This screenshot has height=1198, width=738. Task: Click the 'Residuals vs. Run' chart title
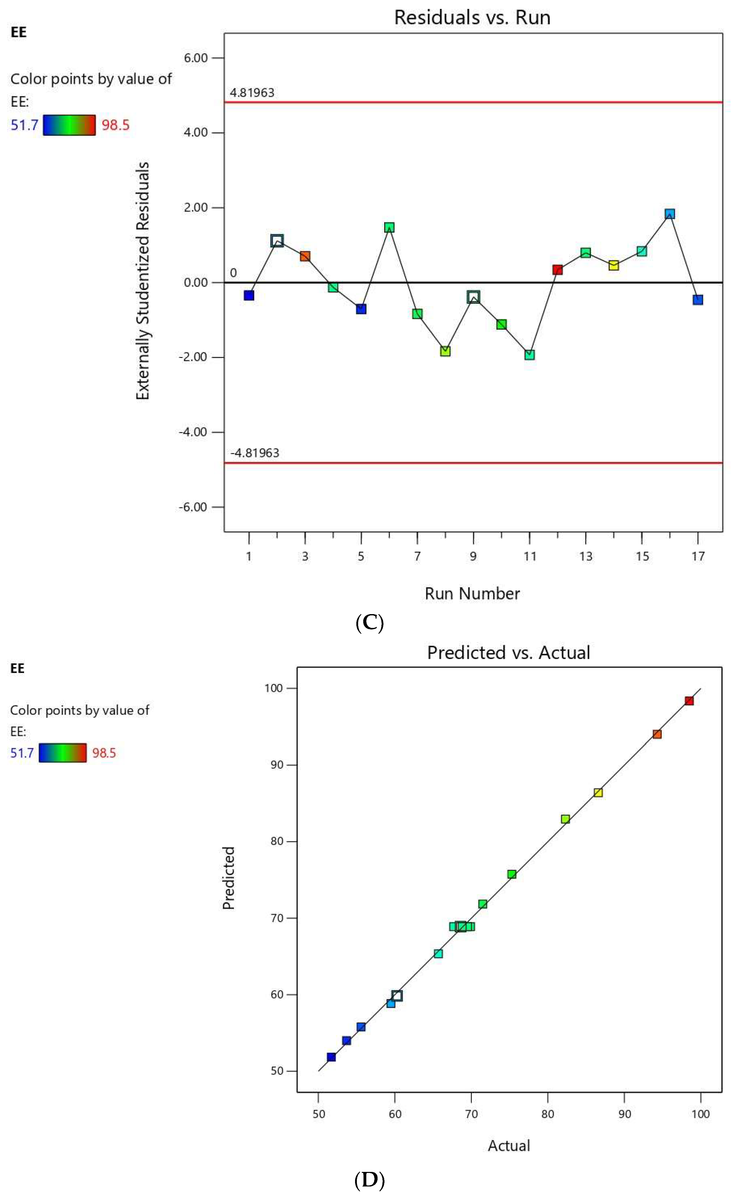coord(472,18)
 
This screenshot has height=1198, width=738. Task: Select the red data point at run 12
coord(557,269)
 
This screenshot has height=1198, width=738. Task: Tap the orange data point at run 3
coord(305,256)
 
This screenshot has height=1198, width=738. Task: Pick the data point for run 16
coord(670,214)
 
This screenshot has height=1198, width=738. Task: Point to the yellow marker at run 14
coord(613,265)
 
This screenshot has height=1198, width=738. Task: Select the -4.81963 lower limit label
coord(255,453)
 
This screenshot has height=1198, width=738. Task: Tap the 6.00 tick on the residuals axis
coord(196,58)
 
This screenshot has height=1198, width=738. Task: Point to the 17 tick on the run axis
coord(698,556)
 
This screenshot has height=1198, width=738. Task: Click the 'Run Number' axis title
coord(472,593)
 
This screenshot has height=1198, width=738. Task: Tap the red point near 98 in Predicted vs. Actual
coord(689,701)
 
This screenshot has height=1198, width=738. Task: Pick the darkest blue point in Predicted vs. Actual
coord(331,1057)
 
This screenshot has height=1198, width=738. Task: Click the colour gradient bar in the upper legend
coord(69,125)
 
